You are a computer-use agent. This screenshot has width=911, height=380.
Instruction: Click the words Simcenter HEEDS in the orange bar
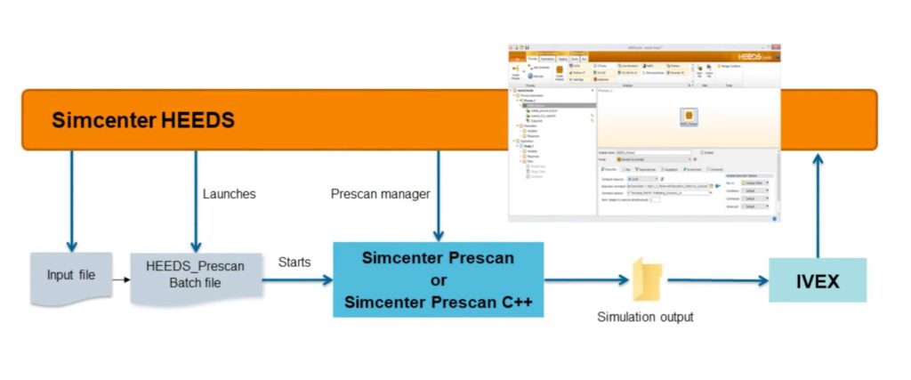click(x=143, y=120)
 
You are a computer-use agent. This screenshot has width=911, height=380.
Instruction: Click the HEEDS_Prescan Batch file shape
click(x=195, y=276)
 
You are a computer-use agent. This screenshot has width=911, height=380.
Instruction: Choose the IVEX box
click(x=818, y=280)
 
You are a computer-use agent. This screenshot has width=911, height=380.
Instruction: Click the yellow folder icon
click(x=648, y=279)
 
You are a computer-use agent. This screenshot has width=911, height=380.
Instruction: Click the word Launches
click(x=230, y=193)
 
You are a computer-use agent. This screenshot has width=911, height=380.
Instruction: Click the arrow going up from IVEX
click(x=817, y=205)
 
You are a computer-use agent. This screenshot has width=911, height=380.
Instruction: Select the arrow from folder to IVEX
click(x=717, y=280)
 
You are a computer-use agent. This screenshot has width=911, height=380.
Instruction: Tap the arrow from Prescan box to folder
click(x=587, y=280)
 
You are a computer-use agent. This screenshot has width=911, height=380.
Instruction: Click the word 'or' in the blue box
click(x=438, y=279)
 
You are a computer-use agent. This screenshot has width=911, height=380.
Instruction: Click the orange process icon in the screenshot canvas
click(x=688, y=117)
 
